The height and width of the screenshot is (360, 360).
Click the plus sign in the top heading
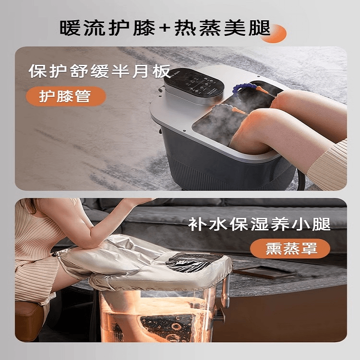[165, 28]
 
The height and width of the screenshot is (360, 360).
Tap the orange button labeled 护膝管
[66, 96]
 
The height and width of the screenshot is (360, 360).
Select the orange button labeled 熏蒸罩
[290, 249]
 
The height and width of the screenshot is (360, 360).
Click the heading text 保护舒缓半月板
[100, 71]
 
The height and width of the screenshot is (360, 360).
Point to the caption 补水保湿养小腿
[259, 224]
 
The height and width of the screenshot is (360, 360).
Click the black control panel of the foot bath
[194, 84]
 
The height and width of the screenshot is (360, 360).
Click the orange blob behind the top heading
[276, 34]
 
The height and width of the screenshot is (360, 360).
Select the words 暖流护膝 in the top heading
[108, 28]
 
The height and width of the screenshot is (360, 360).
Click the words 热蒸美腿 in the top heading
[222, 28]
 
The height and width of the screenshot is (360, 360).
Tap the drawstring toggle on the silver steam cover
[55, 254]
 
